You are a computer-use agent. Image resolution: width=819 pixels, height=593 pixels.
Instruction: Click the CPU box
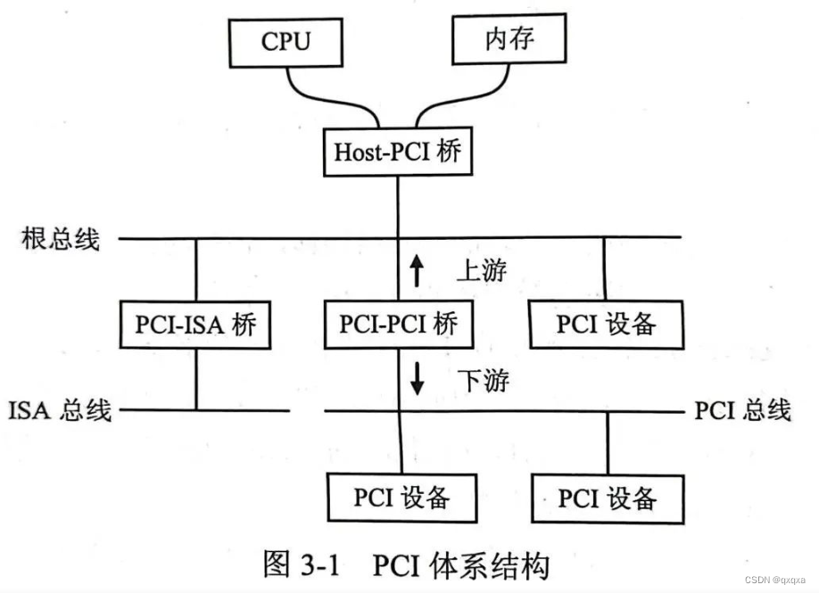point(285,41)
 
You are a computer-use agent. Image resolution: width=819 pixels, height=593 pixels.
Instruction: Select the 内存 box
point(509,39)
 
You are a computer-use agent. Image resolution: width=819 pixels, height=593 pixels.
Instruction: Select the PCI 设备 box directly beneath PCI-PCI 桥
point(401,497)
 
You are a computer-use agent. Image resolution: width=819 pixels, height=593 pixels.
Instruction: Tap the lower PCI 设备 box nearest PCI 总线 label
point(607,497)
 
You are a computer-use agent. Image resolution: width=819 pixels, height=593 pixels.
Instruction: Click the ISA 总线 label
point(61,410)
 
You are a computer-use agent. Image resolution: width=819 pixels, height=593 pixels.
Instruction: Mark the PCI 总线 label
point(742,410)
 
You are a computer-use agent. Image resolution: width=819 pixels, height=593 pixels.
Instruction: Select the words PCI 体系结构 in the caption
point(461,565)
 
